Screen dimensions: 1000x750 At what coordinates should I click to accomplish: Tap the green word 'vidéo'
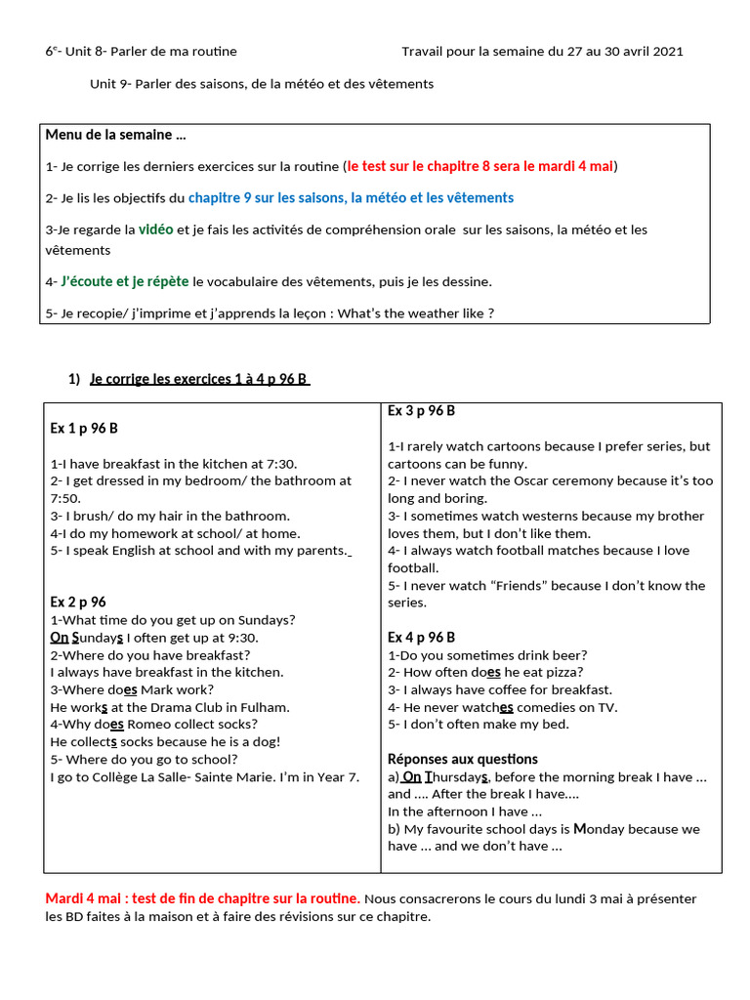(x=155, y=229)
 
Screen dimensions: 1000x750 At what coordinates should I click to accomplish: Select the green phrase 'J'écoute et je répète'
(x=125, y=281)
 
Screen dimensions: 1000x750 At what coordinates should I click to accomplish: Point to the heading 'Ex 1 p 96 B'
(x=84, y=429)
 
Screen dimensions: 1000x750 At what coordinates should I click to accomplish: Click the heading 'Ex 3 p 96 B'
(x=421, y=411)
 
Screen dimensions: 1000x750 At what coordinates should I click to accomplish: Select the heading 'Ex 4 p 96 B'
(x=421, y=638)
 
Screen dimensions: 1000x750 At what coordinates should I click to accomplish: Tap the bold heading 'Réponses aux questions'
(x=462, y=759)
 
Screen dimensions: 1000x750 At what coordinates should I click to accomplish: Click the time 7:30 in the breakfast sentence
(x=279, y=464)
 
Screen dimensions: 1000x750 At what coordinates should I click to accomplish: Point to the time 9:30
(x=241, y=638)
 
